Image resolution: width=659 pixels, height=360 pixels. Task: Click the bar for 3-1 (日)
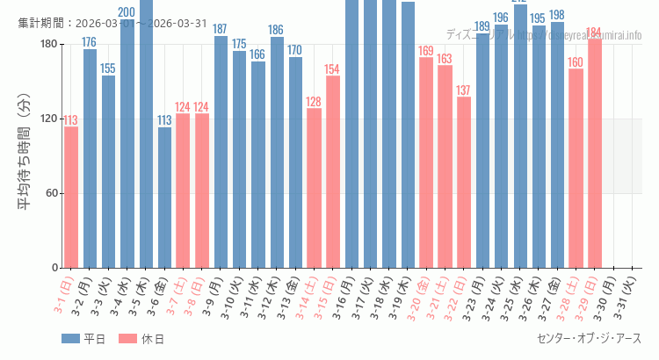click(71, 198)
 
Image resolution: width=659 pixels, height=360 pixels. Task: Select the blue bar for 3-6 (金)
click(164, 198)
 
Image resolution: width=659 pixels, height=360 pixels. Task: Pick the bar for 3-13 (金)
click(295, 162)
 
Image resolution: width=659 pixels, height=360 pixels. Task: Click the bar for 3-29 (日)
click(594, 154)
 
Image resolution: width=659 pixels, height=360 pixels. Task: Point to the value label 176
click(90, 42)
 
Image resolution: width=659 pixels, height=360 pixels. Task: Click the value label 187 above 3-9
click(221, 29)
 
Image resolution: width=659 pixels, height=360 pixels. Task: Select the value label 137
click(463, 90)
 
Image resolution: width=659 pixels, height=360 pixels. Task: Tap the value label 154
click(332, 69)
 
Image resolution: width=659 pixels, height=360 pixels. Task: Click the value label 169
click(426, 51)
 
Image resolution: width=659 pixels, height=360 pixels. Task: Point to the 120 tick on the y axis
click(48, 119)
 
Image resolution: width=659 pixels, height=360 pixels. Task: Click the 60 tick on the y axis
click(51, 193)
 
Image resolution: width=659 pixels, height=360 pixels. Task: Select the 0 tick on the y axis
click(54, 268)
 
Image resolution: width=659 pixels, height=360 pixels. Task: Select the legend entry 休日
click(141, 339)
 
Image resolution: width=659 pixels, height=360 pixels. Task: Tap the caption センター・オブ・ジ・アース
click(589, 339)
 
